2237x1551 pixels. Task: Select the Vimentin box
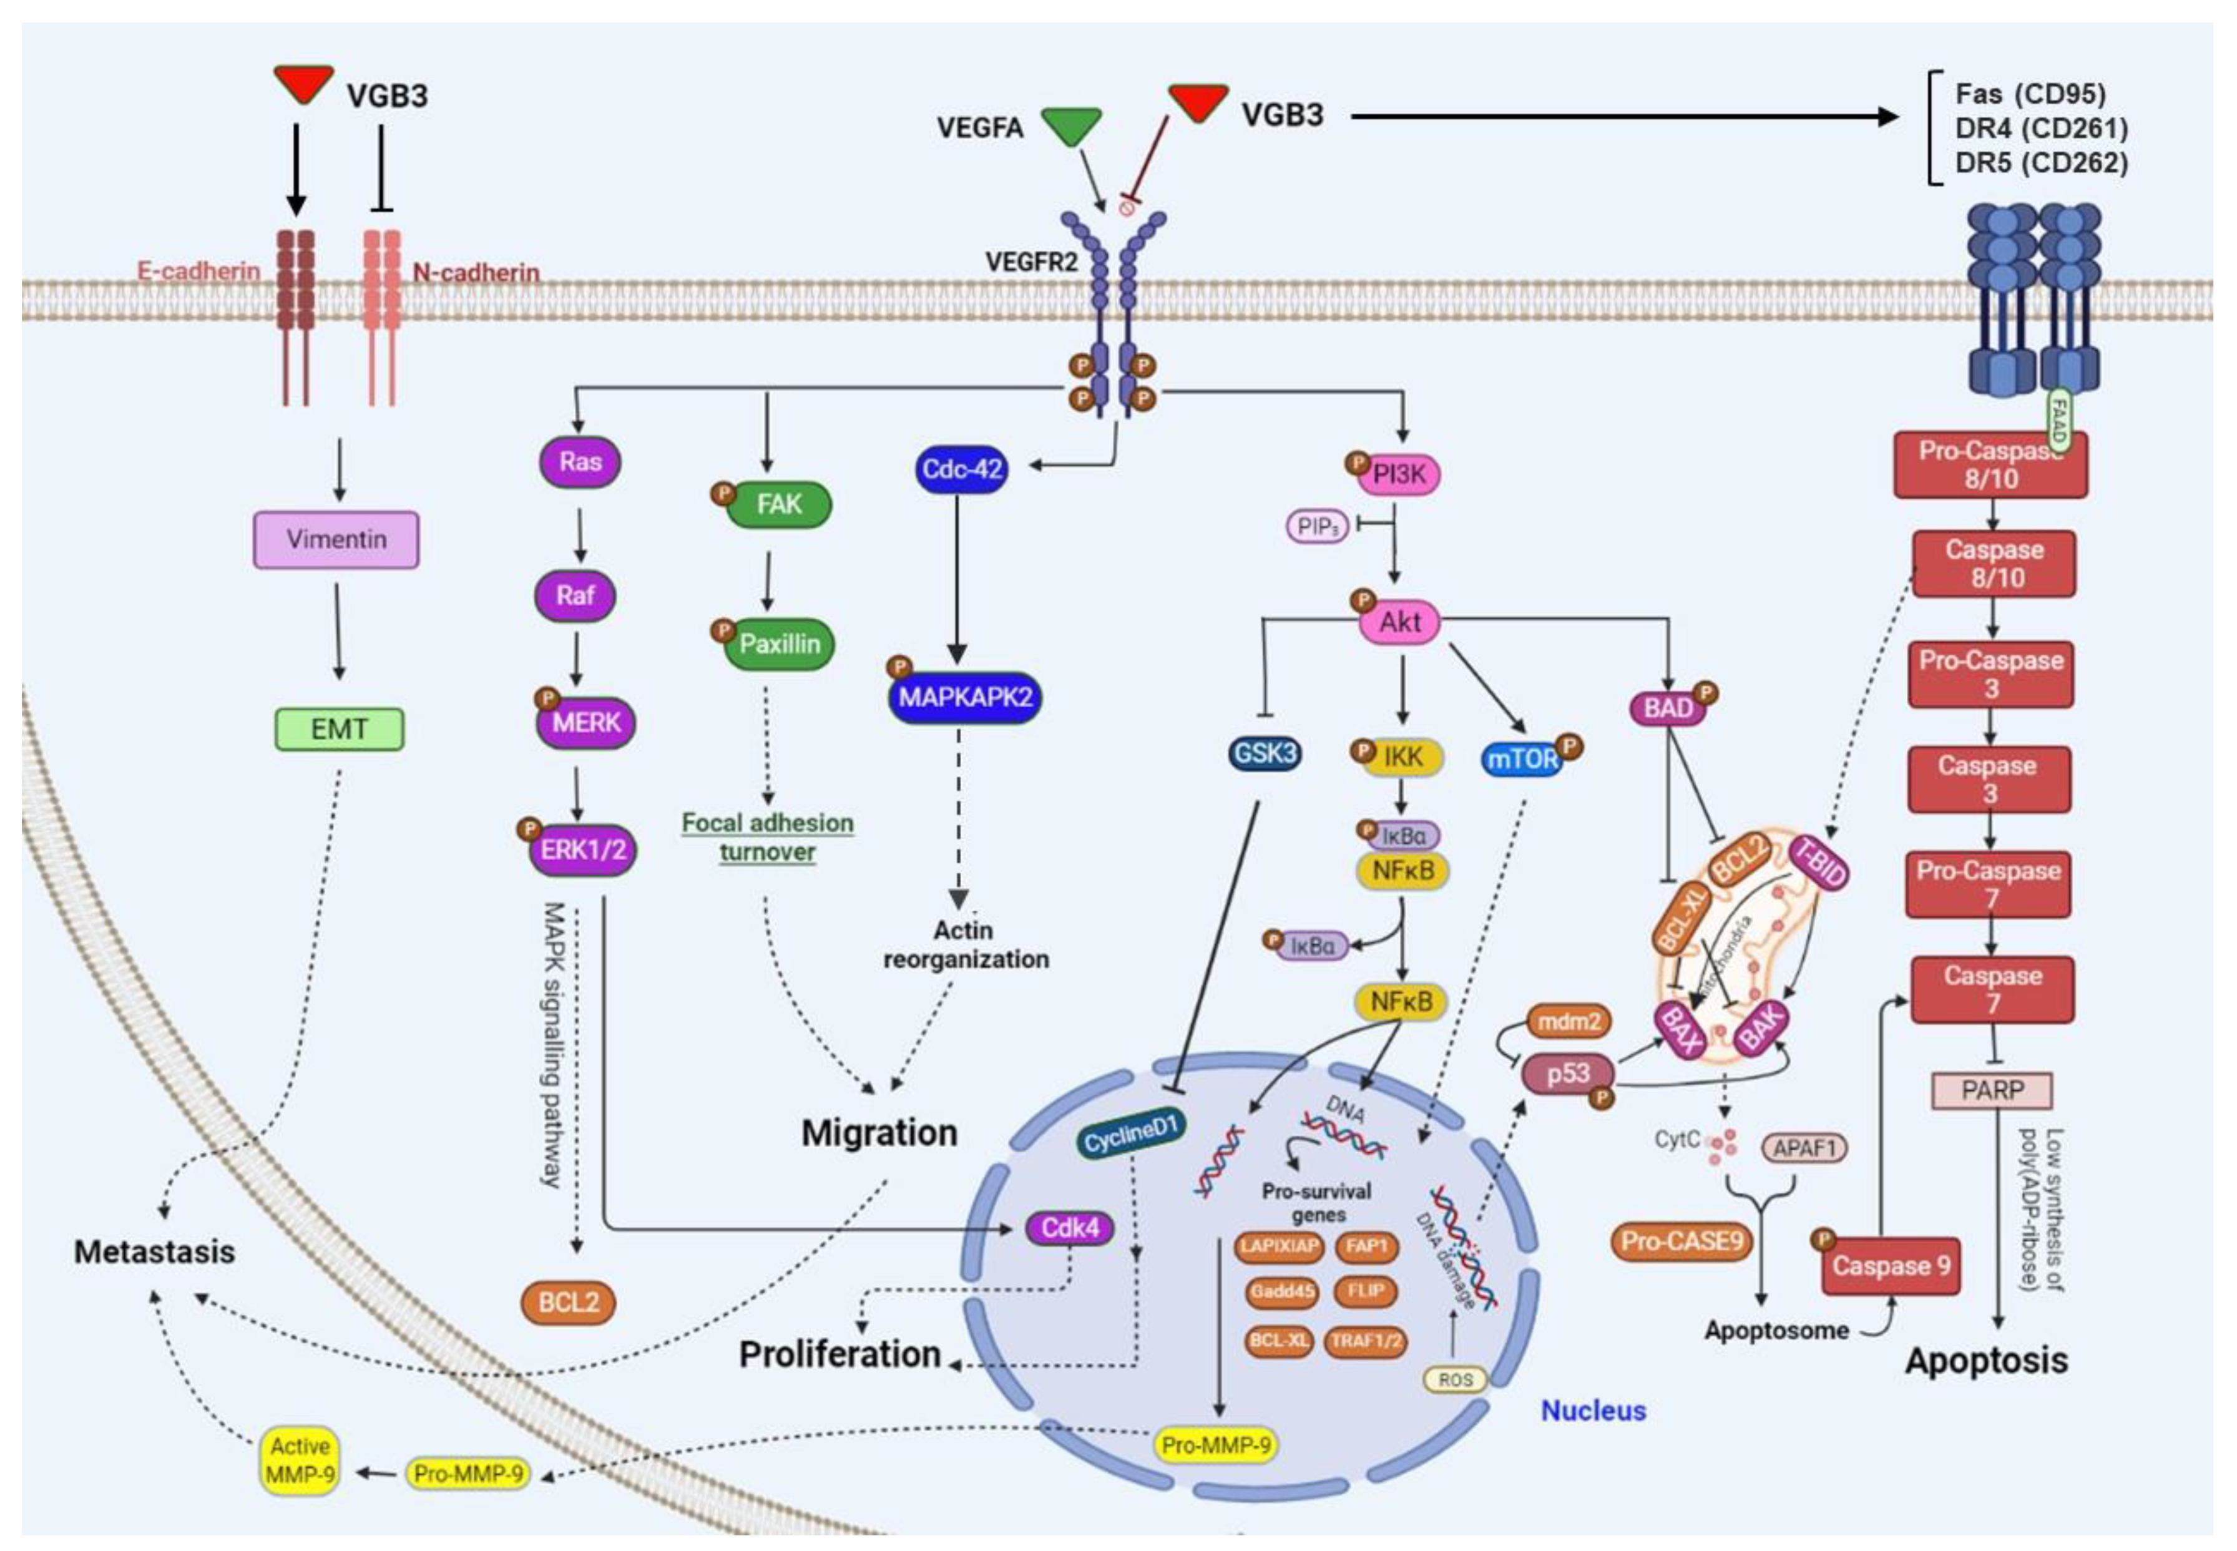(336, 539)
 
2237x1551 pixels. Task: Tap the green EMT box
(339, 729)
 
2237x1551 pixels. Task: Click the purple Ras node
(580, 462)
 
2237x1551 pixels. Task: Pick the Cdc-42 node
(961, 469)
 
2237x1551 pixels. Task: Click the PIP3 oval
(1317, 527)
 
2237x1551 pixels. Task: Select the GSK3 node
(1265, 754)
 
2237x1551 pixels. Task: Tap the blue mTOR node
(1522, 759)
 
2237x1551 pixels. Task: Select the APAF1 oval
(1804, 1148)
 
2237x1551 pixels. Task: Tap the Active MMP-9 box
(300, 1460)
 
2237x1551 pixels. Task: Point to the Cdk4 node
(1070, 1228)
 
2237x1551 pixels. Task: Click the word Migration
(879, 1133)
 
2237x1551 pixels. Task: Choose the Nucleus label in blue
(1593, 1410)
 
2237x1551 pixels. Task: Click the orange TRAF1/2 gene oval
(1365, 1341)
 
